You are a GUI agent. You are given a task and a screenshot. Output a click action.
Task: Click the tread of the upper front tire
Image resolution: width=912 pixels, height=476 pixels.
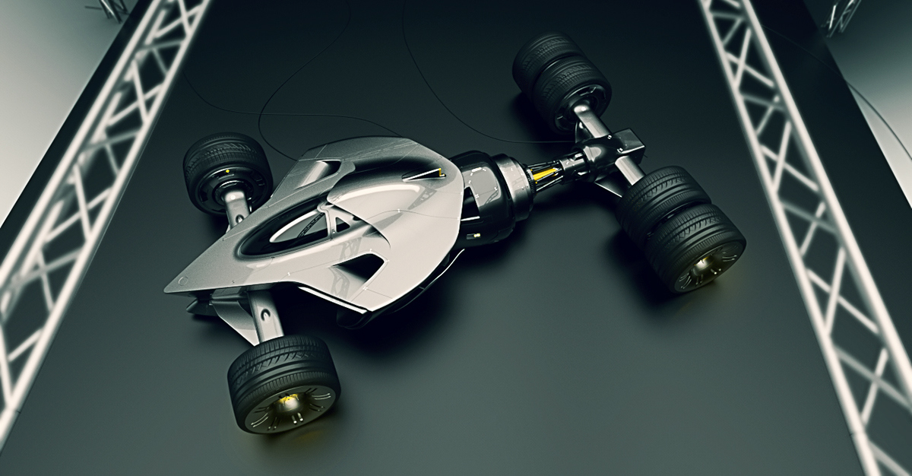tap(220, 152)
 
